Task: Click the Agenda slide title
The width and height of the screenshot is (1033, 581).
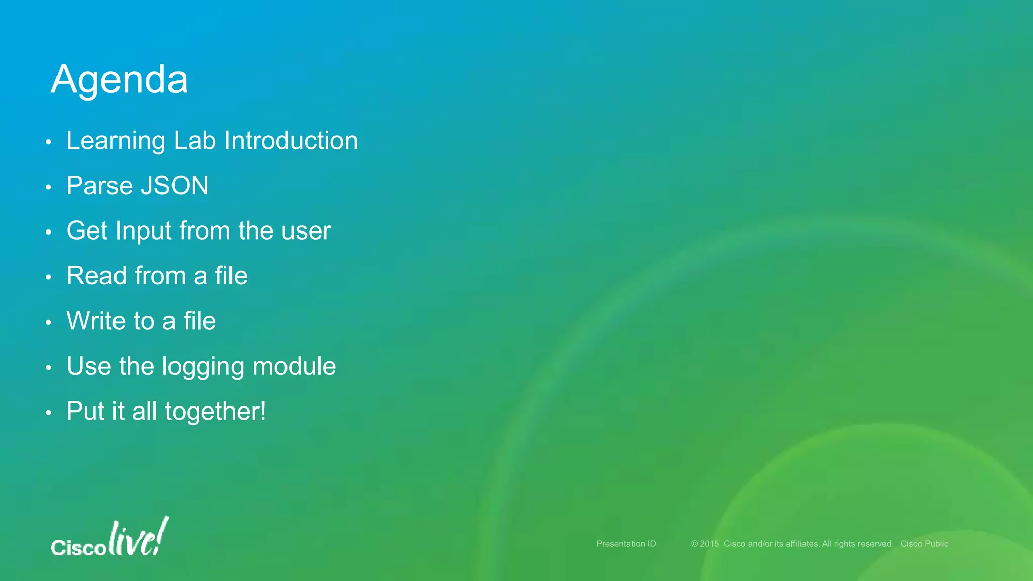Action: [120, 80]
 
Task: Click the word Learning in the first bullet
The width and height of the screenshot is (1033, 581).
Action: [116, 141]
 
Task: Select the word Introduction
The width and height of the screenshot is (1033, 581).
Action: [291, 140]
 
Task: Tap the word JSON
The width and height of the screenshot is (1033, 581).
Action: [175, 186]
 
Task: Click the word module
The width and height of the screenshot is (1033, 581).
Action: [294, 366]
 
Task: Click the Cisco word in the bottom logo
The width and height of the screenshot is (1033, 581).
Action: [78, 548]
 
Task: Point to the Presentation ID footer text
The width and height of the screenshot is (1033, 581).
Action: [626, 544]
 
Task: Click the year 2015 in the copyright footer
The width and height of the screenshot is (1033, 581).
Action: [709, 544]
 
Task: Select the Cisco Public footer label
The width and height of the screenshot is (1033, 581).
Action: [924, 544]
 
